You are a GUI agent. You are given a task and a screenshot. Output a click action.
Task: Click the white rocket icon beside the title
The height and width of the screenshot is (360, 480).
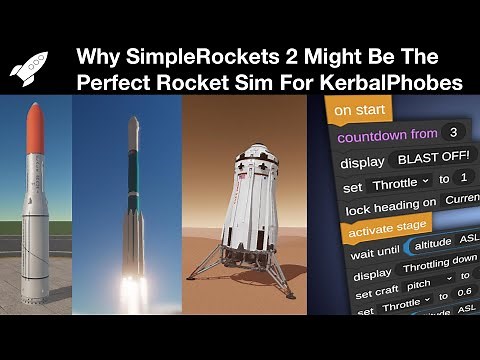coord(28,67)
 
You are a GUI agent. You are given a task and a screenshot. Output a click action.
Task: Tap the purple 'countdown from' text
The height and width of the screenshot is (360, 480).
coord(386,135)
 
